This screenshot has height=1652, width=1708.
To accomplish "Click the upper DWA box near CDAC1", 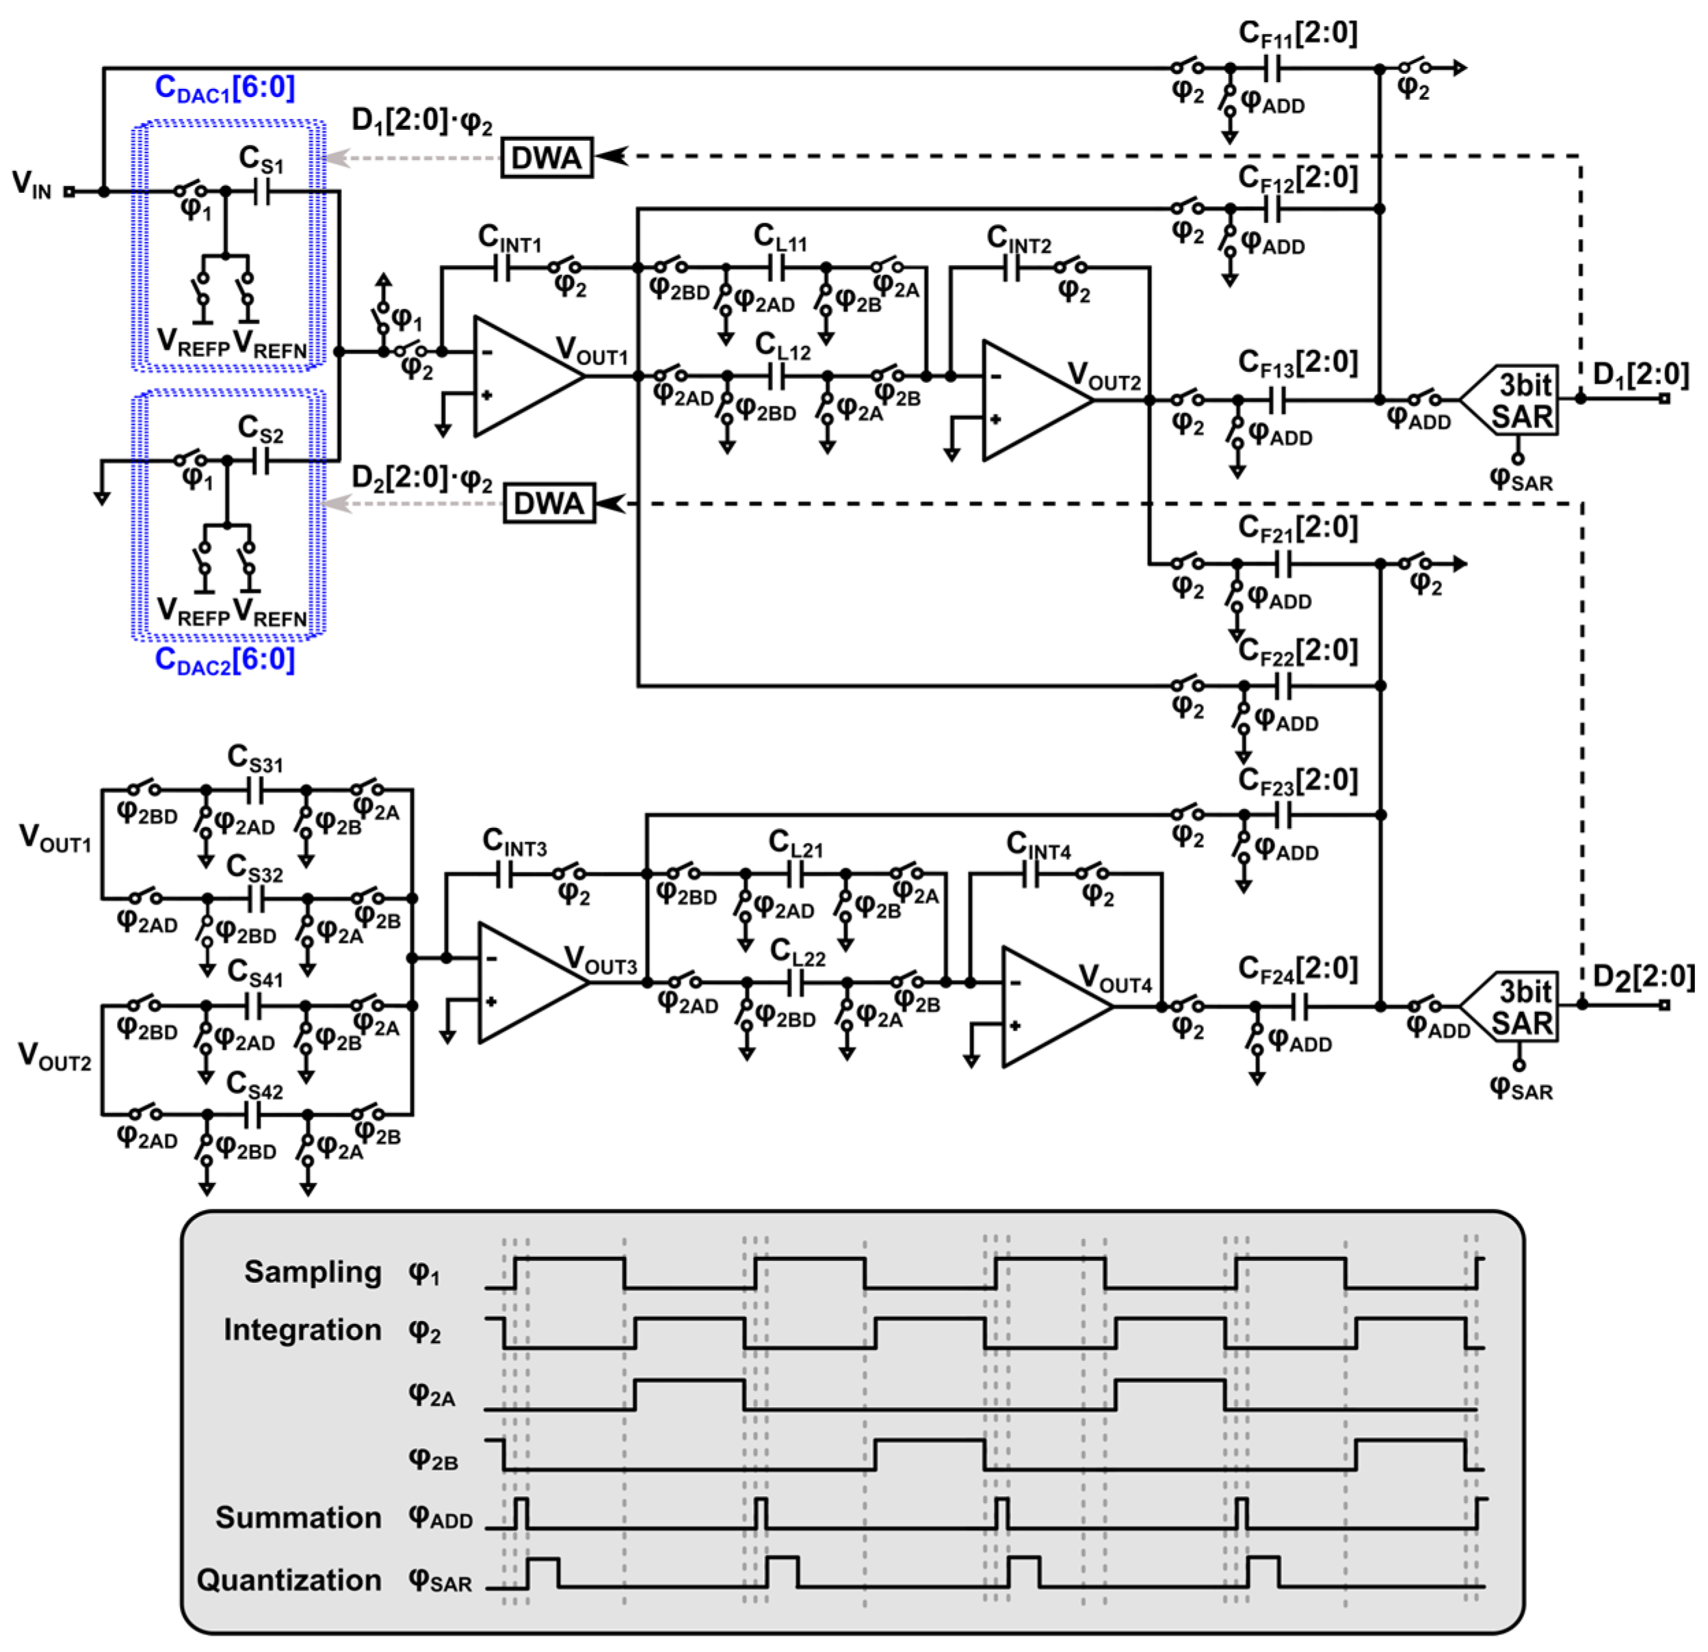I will tap(547, 158).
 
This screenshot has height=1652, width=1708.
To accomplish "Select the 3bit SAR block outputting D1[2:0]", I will tap(1514, 401).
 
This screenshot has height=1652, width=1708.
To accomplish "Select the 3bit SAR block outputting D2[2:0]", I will tap(1514, 1007).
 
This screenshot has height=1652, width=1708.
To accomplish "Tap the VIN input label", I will tap(32, 184).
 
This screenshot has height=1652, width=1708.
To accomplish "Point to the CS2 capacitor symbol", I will tap(261, 460).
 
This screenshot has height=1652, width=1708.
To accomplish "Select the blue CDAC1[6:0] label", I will tap(225, 88).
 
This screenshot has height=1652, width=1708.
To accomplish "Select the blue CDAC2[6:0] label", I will tap(225, 661).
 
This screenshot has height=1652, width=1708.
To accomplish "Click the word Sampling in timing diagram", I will tap(313, 1272).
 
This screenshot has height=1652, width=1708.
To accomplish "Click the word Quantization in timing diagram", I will tap(289, 1580).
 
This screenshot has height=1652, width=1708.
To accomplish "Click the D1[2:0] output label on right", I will tap(1640, 375).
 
